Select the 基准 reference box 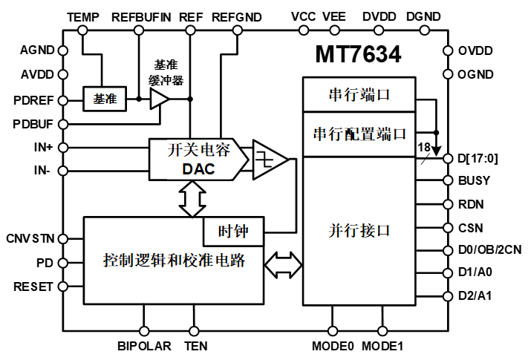tap(100, 98)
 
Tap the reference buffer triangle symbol tap(158, 98)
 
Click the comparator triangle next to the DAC tap(269, 159)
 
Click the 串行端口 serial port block tap(359, 96)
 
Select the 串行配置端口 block tap(359, 134)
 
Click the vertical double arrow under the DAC tap(192, 199)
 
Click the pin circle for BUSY tap(448, 180)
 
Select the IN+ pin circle tap(63, 147)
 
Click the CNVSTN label tap(31, 238)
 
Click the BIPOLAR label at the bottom tap(144, 346)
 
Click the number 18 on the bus tap(424, 148)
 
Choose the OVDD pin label tap(475, 50)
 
